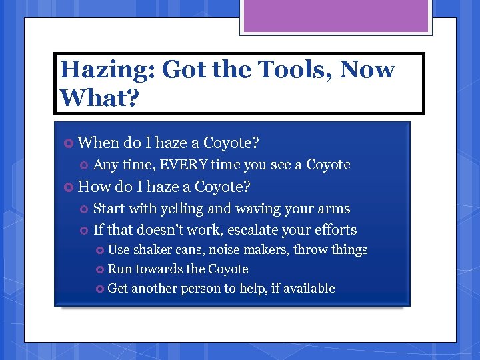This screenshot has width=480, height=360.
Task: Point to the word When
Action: click(97, 143)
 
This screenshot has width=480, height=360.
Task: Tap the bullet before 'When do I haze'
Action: click(68, 143)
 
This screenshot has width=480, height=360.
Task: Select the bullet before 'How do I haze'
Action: click(68, 187)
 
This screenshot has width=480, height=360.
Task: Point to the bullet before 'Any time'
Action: click(83, 165)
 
